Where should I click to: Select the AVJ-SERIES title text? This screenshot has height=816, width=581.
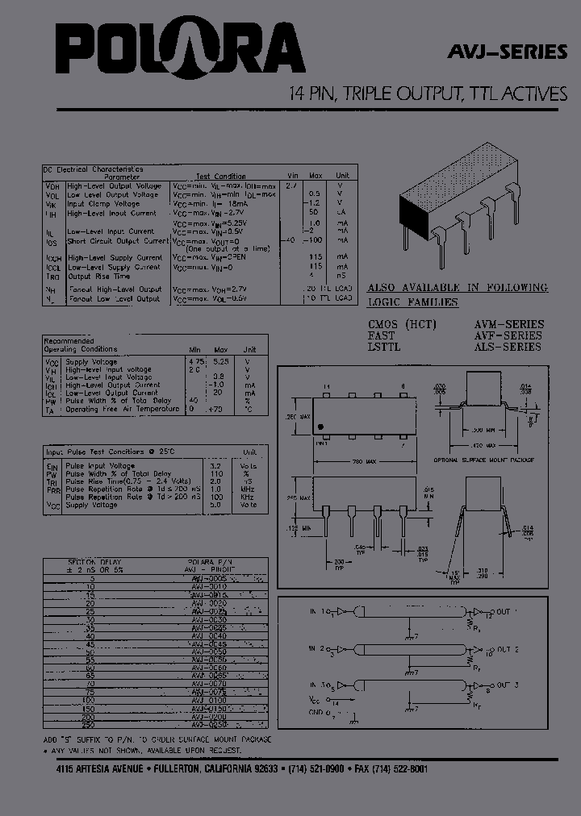click(508, 52)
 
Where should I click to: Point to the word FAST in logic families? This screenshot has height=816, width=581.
click(382, 335)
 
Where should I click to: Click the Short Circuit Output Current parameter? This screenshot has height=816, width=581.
click(117, 240)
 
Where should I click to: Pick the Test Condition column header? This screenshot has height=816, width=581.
click(220, 176)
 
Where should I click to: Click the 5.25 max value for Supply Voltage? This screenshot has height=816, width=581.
click(221, 361)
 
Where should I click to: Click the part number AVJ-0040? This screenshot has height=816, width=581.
click(209, 635)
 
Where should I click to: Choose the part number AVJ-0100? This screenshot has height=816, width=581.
click(209, 701)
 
